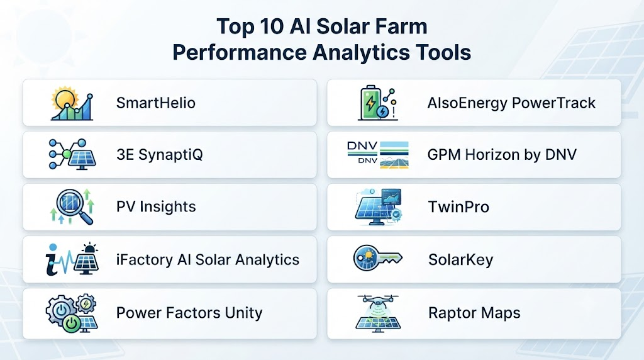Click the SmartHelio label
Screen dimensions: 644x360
(x=156, y=103)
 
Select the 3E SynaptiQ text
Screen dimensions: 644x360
(x=159, y=155)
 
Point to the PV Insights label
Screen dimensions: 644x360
(x=156, y=206)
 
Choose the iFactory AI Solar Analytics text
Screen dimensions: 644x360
(x=208, y=260)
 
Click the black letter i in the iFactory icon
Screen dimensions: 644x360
(x=53, y=260)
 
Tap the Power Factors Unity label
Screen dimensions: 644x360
(x=189, y=313)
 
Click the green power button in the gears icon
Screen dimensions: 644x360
(x=72, y=323)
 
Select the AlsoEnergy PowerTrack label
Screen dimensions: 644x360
(x=511, y=103)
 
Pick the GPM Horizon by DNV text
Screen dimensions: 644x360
(x=502, y=155)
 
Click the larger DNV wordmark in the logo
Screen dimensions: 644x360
(x=362, y=146)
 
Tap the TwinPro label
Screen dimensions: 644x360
(x=458, y=206)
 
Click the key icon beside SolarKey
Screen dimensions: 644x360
(x=377, y=258)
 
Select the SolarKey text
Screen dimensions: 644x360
(x=461, y=260)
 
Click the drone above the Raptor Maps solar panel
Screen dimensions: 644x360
(x=378, y=302)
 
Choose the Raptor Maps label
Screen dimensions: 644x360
(x=474, y=313)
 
